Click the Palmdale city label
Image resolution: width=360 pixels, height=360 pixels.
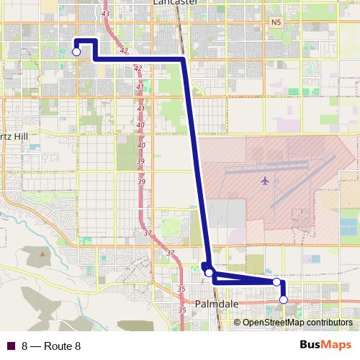pyautogui.click(x=217, y=305)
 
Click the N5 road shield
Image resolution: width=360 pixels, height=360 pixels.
pyautogui.click(x=276, y=23)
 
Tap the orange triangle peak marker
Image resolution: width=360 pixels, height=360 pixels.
pyautogui.click(x=42, y=253)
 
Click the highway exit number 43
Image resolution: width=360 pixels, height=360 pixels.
pyautogui.click(x=107, y=14)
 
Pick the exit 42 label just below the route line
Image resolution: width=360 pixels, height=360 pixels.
pyautogui.click(x=138, y=68)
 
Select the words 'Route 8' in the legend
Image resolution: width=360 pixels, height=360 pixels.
pyautogui.click(x=62, y=346)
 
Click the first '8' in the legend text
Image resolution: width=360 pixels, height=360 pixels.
pyautogui.click(x=24, y=346)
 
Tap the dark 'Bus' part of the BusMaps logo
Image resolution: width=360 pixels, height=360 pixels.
pyautogui.click(x=311, y=346)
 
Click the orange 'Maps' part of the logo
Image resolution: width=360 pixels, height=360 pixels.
pyautogui.click(x=338, y=346)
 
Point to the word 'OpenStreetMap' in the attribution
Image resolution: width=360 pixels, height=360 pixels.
pyautogui.click(x=271, y=323)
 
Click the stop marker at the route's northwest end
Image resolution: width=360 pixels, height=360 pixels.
pyautogui.click(x=76, y=51)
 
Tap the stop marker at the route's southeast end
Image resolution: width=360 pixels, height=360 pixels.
pyautogui.click(x=284, y=300)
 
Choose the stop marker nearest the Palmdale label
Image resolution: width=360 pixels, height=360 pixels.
pyautogui.click(x=209, y=273)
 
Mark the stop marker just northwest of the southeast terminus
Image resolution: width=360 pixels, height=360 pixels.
pyautogui.click(x=276, y=282)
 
